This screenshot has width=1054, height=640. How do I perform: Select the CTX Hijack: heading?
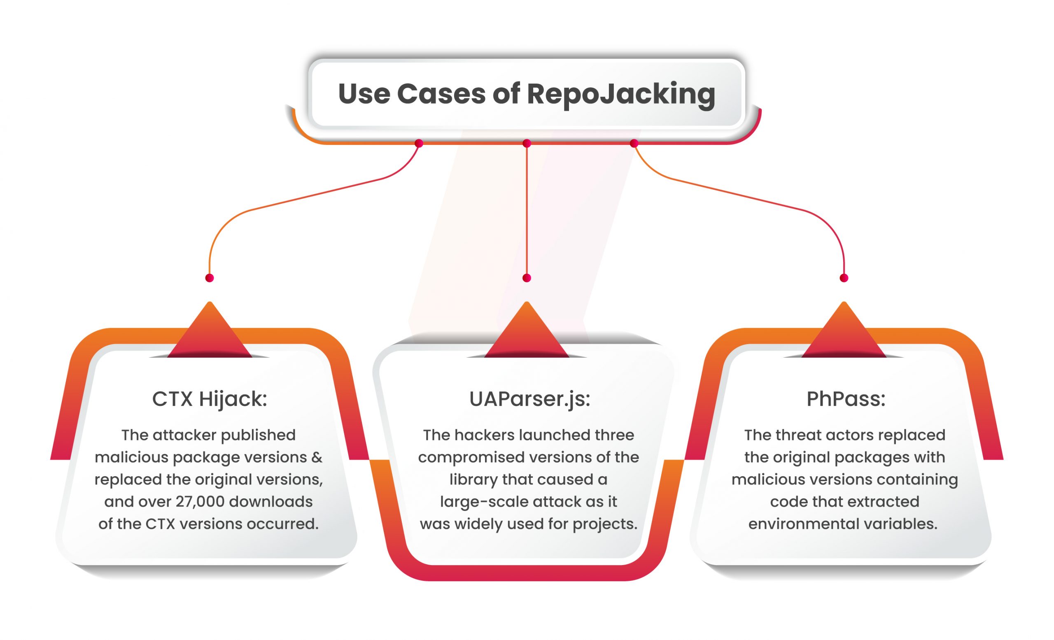pos(210,399)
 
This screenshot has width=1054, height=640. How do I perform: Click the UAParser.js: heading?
pos(529,399)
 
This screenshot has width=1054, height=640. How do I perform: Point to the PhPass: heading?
pos(846,399)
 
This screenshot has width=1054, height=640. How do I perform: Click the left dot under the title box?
pos(419,144)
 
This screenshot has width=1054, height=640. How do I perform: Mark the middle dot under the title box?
pos(527,144)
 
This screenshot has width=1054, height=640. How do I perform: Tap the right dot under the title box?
pos(634,144)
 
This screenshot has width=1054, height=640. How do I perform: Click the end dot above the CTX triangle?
pos(210,278)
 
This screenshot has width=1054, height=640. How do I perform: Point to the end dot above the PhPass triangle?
pos(844,278)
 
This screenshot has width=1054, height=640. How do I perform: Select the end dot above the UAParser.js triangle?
pos(527,278)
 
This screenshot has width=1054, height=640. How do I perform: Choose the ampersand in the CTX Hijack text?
pos(317,457)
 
